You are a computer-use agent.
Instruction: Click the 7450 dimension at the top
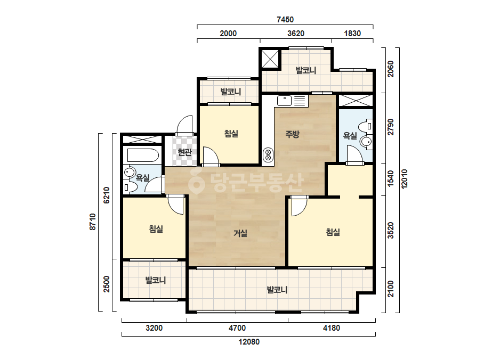pyautogui.click(x=285, y=20)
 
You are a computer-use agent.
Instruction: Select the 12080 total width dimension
pyautogui.click(x=249, y=342)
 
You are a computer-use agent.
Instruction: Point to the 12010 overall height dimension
pyautogui.click(x=404, y=179)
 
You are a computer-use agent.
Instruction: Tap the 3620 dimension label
pyautogui.click(x=296, y=33)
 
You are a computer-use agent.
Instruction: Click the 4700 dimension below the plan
pyautogui.click(x=237, y=328)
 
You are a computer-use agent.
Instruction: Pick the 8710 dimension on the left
pyautogui.click(x=93, y=222)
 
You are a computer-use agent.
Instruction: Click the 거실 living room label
pyautogui.click(x=240, y=233)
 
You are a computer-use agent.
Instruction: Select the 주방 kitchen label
pyautogui.click(x=292, y=134)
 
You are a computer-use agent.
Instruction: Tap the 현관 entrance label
pyautogui.click(x=184, y=152)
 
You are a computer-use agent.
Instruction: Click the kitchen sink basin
pyautogui.click(x=284, y=101)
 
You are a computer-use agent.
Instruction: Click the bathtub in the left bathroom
pyautogui.click(x=143, y=155)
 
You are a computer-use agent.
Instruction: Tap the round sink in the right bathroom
pyautogui.click(x=367, y=142)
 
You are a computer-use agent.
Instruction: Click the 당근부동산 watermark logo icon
pyautogui.click(x=196, y=181)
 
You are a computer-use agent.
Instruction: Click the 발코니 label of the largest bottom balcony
pyautogui.click(x=277, y=290)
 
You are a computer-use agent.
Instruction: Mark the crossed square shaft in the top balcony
pyautogui.click(x=270, y=59)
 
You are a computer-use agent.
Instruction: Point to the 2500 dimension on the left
pyautogui.click(x=107, y=284)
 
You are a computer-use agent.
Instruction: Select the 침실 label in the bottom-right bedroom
pyautogui.click(x=333, y=232)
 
